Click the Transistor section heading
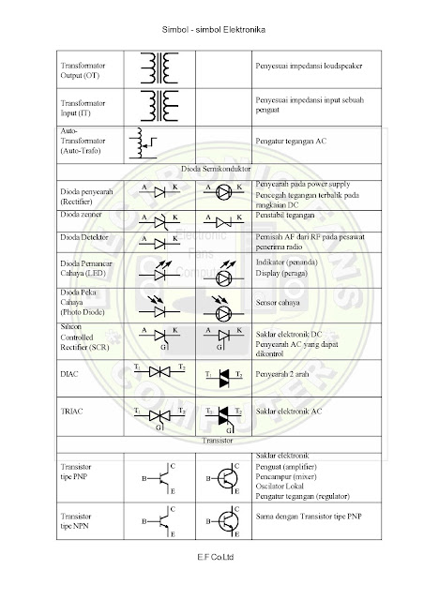pyautogui.click(x=215, y=439)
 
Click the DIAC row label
pyautogui.click(x=69, y=374)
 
